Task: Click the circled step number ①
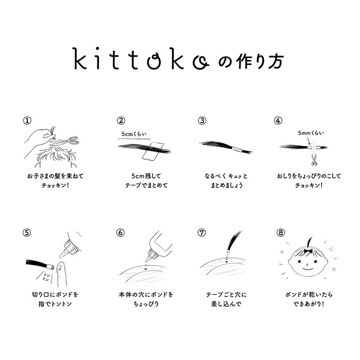pyautogui.click(x=27, y=120)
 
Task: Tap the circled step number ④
pyautogui.click(x=278, y=120)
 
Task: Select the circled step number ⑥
pyautogui.click(x=120, y=233)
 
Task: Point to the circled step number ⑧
pyautogui.click(x=280, y=233)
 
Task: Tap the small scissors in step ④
pyautogui.click(x=313, y=160)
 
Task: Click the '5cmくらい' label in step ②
pyautogui.click(x=134, y=134)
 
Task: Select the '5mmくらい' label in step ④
pyautogui.click(x=311, y=133)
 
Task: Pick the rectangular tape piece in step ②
pyautogui.click(x=153, y=151)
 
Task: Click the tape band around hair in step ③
pyautogui.click(x=236, y=149)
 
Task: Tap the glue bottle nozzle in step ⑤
pyautogui.click(x=63, y=253)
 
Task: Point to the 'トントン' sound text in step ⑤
pyautogui.click(x=47, y=277)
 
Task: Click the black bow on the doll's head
pyautogui.click(x=308, y=251)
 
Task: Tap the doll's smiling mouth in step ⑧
pyautogui.click(x=308, y=268)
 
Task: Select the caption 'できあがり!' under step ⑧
pyautogui.click(x=308, y=304)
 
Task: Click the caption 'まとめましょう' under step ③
pyautogui.click(x=227, y=186)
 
